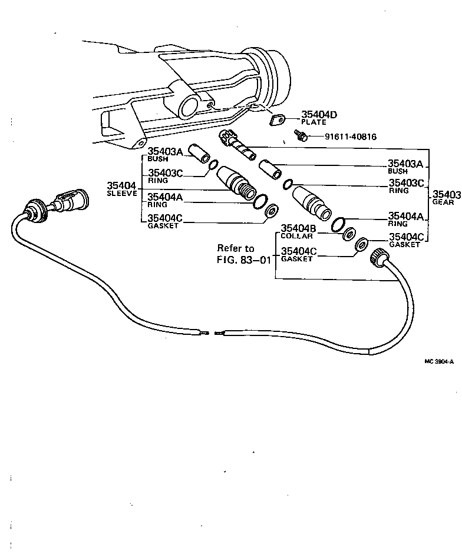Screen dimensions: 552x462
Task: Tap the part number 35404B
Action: [x=299, y=228]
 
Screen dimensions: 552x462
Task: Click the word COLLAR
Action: [x=292, y=235]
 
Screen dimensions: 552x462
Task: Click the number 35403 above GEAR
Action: [x=447, y=194]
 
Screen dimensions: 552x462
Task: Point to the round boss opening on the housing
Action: [x=190, y=108]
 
